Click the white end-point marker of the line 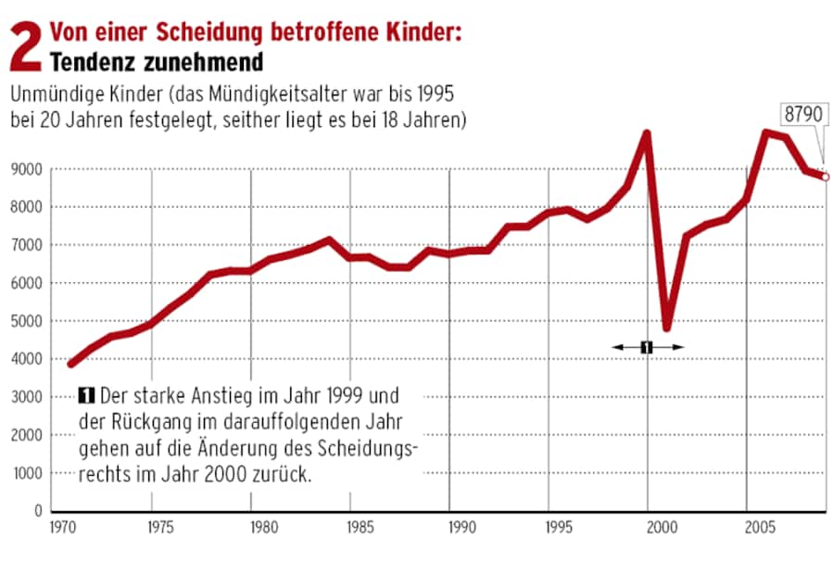[x=825, y=176]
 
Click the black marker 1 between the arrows [x=647, y=347]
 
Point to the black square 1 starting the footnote [x=88, y=396]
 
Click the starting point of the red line [x=70, y=364]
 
